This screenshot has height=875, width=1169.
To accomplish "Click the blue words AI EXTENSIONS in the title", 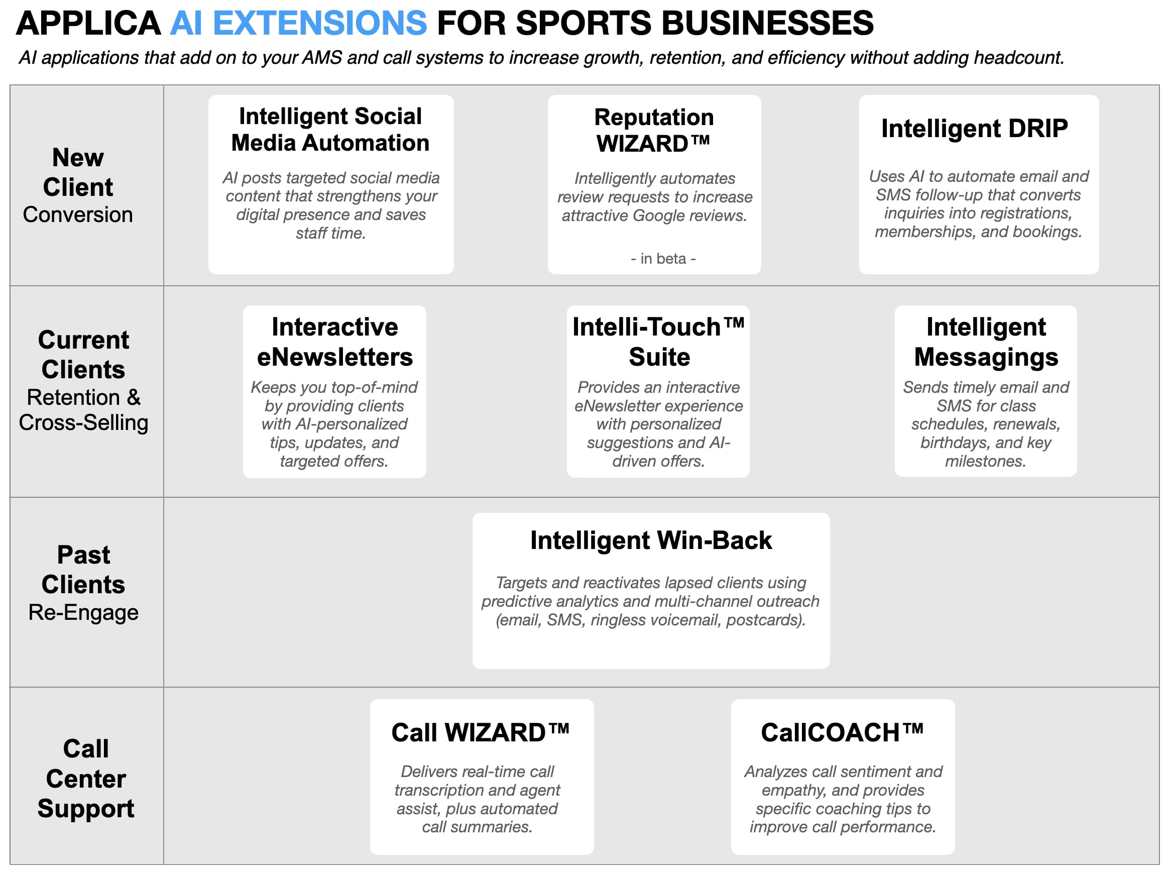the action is tap(298, 24).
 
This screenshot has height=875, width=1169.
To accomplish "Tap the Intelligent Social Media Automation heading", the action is tap(330, 130).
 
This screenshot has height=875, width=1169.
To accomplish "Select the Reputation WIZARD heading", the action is tap(654, 131).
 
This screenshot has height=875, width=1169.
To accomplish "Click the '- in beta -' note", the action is tap(663, 259).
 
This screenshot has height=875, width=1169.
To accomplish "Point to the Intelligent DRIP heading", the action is tap(974, 129).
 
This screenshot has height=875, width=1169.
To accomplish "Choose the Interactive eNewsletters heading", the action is tap(334, 342).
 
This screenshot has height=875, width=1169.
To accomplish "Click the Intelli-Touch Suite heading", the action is tap(658, 342).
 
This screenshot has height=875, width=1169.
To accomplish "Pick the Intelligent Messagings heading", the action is tap(986, 342).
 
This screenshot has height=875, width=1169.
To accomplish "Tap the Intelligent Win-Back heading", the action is tap(651, 540).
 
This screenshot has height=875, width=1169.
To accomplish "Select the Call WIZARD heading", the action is tap(480, 733).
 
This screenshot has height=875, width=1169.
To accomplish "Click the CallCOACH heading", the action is tap(842, 733).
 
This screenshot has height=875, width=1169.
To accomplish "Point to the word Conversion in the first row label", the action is tap(78, 214).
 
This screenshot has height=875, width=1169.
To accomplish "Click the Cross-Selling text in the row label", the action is tap(83, 423).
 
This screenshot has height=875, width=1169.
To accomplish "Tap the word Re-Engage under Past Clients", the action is tap(83, 612).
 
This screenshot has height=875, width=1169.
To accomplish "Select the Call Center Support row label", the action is tap(85, 778).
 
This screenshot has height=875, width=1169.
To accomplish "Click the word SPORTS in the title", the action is tap(583, 24).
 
